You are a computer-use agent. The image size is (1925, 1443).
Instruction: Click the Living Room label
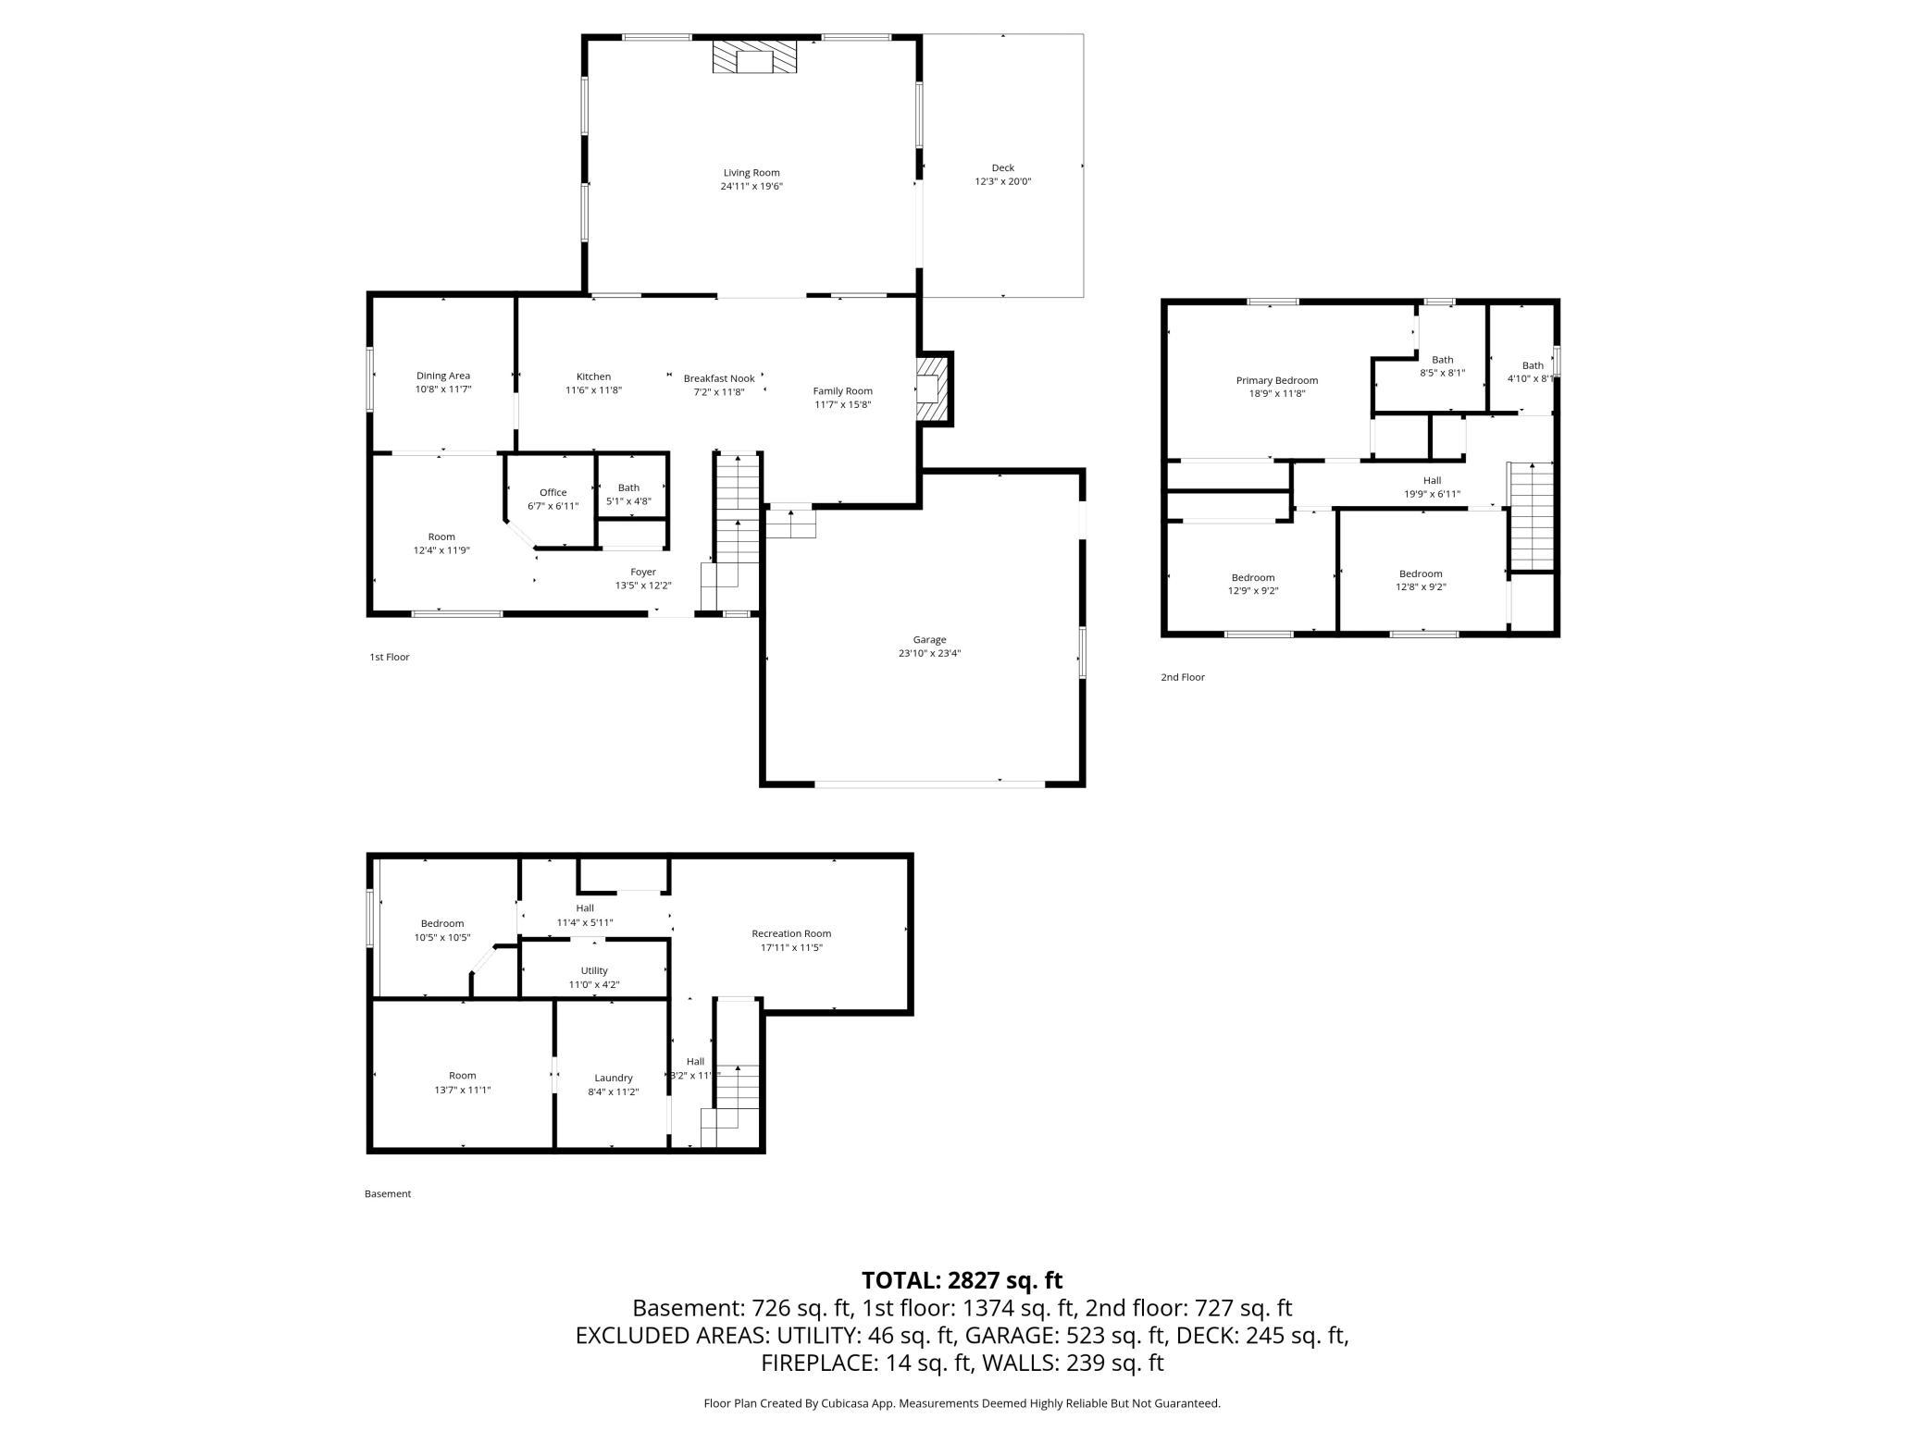coord(751,173)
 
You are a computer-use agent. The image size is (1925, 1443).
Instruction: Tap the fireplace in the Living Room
coord(754,57)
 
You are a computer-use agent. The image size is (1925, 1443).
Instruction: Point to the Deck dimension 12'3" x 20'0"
coord(1003,181)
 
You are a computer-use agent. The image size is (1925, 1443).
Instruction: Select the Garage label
coord(929,640)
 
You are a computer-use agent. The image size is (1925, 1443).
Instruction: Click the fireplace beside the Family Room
coord(934,388)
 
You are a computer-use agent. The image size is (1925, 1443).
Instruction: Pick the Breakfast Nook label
coord(719,378)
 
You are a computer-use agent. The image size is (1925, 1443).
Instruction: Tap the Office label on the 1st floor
coord(553,493)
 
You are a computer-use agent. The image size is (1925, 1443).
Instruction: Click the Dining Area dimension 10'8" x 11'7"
coord(443,389)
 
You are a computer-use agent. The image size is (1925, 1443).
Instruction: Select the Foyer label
coord(643,573)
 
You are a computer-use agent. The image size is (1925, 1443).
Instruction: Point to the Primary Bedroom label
coord(1277,380)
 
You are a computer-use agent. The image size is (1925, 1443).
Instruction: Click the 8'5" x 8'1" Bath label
coord(1443,366)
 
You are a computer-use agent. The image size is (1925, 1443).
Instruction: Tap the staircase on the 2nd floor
coord(1532,516)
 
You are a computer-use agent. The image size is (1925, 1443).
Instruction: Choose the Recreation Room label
coord(791,934)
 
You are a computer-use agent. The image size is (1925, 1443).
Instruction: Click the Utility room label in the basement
coord(594,971)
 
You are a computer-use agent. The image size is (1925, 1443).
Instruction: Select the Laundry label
coord(614,1079)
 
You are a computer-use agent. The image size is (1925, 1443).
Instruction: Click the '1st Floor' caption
coord(390,658)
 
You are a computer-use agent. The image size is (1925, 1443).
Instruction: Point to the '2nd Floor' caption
coord(1183,678)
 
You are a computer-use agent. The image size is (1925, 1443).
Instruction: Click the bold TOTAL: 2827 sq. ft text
coord(962,1281)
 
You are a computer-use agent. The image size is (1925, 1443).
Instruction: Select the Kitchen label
coord(593,377)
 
